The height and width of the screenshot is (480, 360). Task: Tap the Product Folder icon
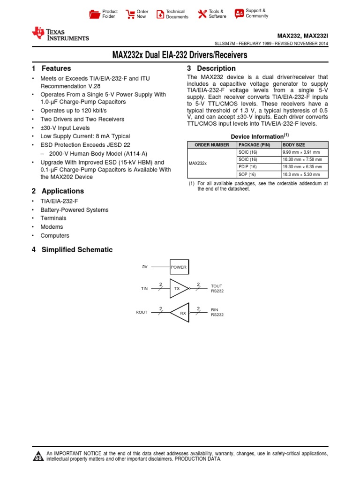[x=94, y=14]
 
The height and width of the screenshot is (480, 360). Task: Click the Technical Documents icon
[x=160, y=14]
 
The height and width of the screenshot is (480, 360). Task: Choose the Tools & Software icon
[x=202, y=14]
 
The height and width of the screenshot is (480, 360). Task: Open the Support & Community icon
[x=239, y=13]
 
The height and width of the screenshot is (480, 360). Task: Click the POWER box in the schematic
[x=179, y=267]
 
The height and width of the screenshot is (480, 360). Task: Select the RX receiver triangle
[x=180, y=313]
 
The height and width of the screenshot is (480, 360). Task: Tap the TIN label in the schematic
[x=144, y=289]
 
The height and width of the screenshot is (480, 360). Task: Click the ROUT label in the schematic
[x=142, y=312]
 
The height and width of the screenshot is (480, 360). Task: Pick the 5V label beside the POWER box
[x=145, y=267]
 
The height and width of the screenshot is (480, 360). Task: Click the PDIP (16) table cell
[x=247, y=167]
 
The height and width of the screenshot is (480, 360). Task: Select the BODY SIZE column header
[x=294, y=145]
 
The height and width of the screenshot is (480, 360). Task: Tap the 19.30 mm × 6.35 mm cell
[x=302, y=167]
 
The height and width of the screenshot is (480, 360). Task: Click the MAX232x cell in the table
[x=198, y=164]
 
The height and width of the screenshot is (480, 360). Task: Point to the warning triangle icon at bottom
[x=37, y=457]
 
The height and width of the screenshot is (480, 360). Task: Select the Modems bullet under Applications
[x=52, y=227]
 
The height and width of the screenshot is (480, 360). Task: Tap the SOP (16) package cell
[x=247, y=174]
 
